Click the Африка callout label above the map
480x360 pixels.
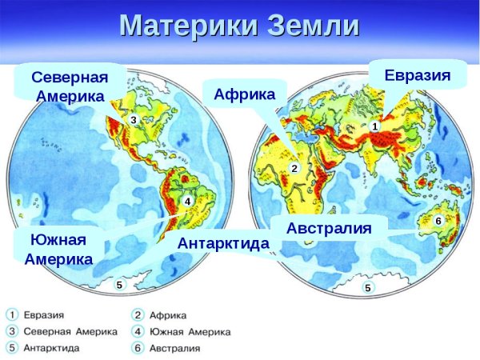pyautogui.click(x=244, y=94)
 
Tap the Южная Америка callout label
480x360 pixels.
pyautogui.click(x=58, y=249)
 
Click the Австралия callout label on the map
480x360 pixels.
pyautogui.click(x=329, y=228)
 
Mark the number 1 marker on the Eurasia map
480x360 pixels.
pyautogui.click(x=374, y=126)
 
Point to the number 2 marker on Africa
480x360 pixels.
pyautogui.click(x=294, y=168)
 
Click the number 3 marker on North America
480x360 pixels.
pyautogui.click(x=134, y=119)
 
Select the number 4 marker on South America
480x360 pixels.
pyautogui.click(x=186, y=202)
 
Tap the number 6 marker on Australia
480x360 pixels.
pyautogui.click(x=438, y=220)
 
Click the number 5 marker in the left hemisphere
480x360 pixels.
pyautogui.click(x=119, y=284)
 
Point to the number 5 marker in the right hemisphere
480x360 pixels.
pyautogui.click(x=367, y=288)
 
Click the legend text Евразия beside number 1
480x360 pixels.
pyautogui.click(x=45, y=314)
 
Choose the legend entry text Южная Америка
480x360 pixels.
pyautogui.click(x=191, y=331)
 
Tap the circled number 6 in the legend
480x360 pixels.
pyautogui.click(x=138, y=348)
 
